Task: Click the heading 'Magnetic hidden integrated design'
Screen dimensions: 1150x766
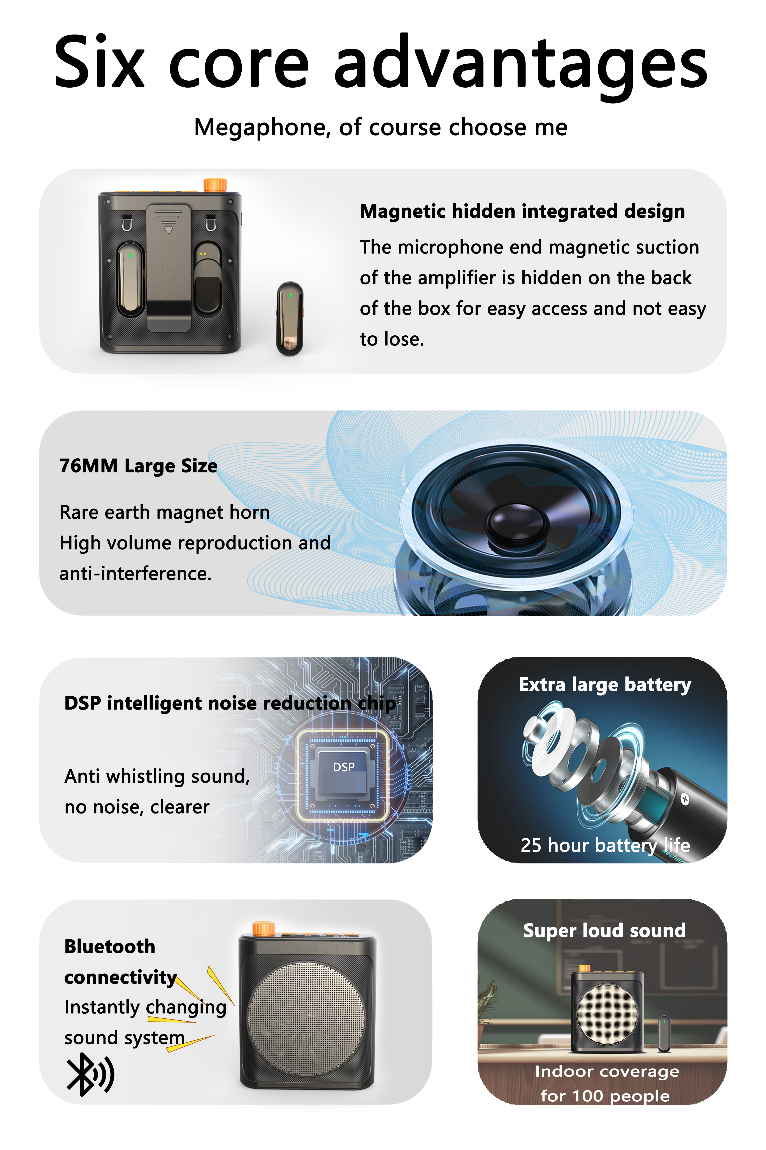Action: click(522, 211)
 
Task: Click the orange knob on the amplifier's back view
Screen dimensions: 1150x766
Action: click(215, 185)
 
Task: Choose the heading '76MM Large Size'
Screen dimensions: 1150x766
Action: click(138, 466)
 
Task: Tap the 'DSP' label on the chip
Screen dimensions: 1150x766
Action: click(343, 767)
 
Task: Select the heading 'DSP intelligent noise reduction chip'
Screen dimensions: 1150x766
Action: click(230, 703)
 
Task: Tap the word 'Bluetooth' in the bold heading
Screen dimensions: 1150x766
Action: click(110, 946)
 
